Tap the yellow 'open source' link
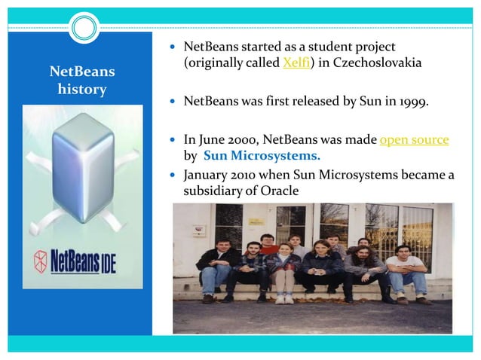point(414,140)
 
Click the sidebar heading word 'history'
point(81,90)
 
